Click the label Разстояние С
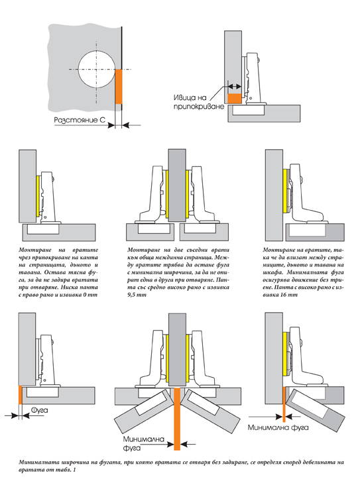(80, 120)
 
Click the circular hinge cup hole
(96, 69)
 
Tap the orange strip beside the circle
(119, 87)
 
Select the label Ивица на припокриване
(199, 102)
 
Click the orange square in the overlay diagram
(234, 99)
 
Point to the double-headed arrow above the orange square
(235, 86)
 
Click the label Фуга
(40, 410)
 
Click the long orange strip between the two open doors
(177, 419)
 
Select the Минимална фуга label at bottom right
(278, 427)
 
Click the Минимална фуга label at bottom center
(143, 443)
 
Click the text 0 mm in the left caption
(90, 295)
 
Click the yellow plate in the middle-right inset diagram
(285, 191)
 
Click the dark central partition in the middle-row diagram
(177, 186)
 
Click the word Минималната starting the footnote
(38, 462)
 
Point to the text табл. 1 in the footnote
(66, 470)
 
